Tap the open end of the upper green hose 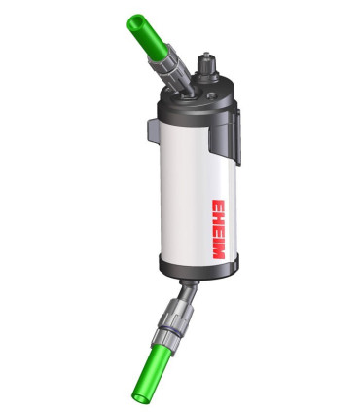(134, 19)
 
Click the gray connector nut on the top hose (168, 65)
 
